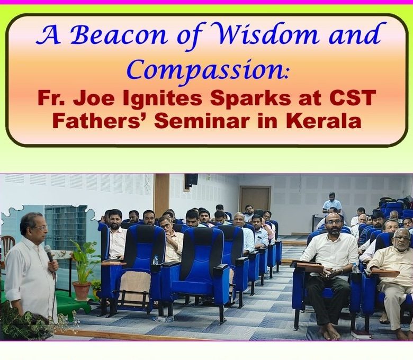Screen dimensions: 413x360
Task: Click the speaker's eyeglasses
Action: [x=40, y=228]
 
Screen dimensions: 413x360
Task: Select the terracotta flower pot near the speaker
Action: [x=82, y=291]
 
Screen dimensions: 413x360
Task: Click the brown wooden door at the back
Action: [x=255, y=200]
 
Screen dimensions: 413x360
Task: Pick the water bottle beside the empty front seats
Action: [x=155, y=260]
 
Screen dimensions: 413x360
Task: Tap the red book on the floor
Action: [x=361, y=335]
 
